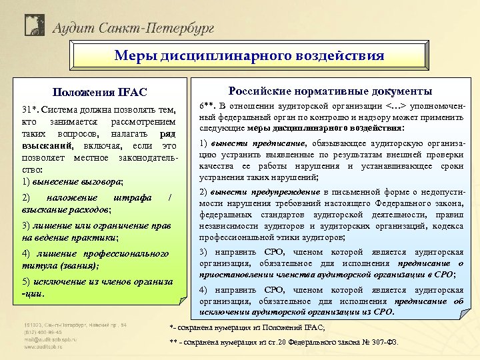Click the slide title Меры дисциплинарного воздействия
[249, 55]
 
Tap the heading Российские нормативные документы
[330, 91]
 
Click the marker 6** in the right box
[207, 106]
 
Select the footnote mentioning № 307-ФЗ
[284, 343]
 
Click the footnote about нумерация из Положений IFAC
[247, 327]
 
